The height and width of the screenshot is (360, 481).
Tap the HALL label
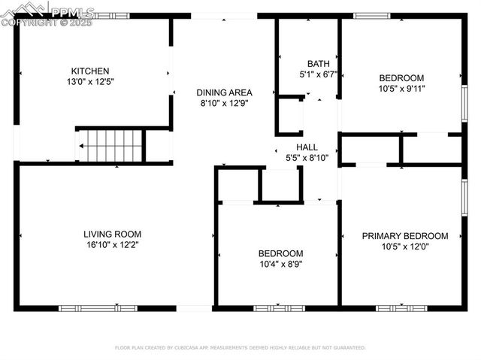click(307, 147)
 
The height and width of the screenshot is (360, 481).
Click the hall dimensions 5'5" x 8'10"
click(307, 158)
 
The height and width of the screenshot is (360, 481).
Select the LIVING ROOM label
click(112, 234)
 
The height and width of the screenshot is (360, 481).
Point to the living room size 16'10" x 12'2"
click(112, 244)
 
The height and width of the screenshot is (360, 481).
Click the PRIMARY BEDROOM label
click(405, 236)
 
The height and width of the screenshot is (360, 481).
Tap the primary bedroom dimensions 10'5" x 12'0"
click(405, 247)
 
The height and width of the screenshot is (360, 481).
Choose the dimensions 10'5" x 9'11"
click(401, 89)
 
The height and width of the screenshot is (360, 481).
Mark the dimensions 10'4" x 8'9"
click(280, 264)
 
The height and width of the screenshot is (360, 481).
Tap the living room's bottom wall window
click(98, 308)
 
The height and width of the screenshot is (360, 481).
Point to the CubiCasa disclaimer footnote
click(240, 348)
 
